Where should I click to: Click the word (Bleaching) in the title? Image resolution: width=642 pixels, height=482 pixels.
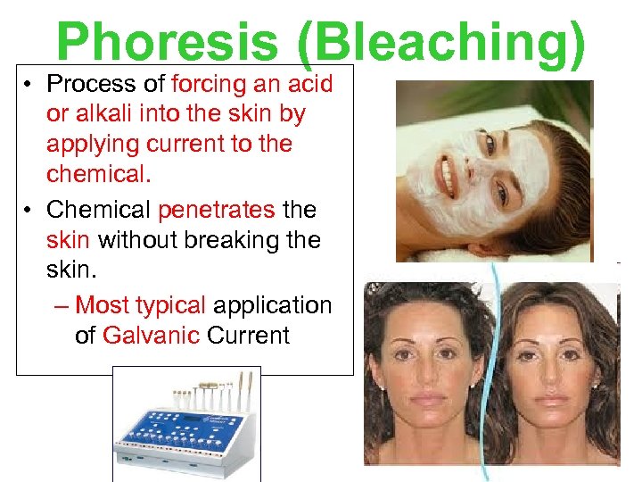[x=443, y=43]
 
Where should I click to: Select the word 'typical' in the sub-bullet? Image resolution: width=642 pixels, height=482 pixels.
[x=171, y=305]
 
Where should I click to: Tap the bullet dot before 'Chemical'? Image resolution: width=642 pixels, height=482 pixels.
[x=29, y=210]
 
